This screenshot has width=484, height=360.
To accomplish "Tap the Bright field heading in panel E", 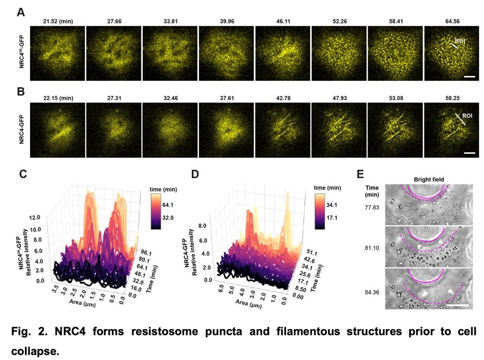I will coord(428,180).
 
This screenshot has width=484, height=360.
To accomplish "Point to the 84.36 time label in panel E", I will coord(373,291).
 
